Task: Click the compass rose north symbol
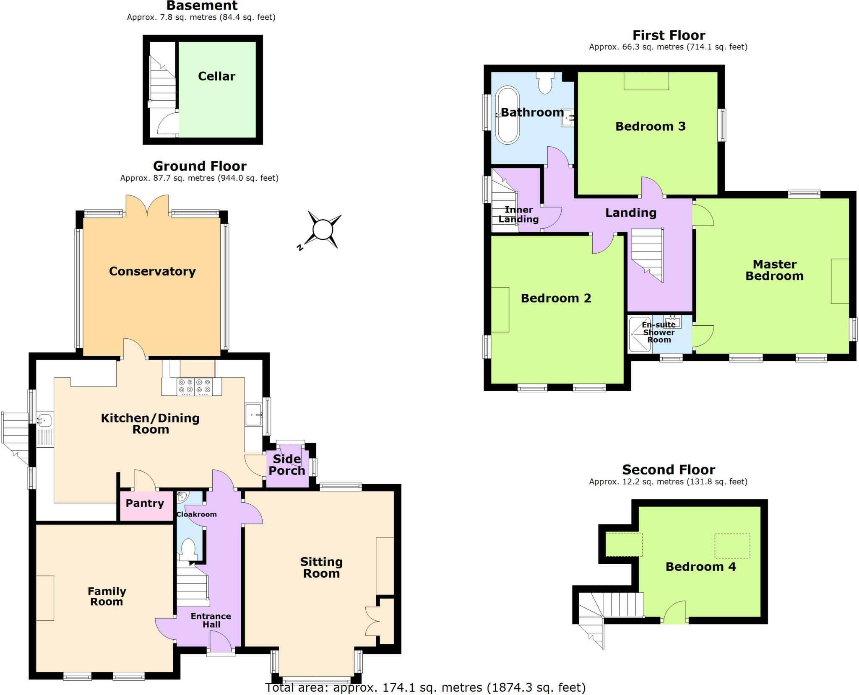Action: (322, 230)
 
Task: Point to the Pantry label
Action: (145, 503)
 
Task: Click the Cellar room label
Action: (216, 76)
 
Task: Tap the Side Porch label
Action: (287, 464)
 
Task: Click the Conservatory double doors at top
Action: (147, 205)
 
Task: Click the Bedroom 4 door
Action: (675, 612)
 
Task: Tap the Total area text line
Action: (425, 687)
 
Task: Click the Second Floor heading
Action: (668, 469)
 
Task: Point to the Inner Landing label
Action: (518, 214)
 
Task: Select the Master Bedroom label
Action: (774, 270)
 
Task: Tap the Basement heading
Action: (202, 6)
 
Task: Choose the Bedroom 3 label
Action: (650, 126)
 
